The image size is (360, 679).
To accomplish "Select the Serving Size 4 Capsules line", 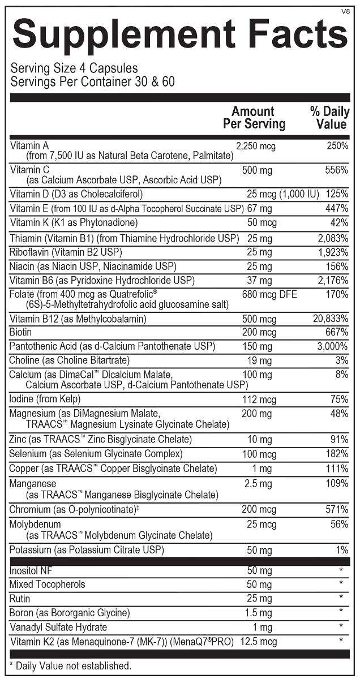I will pos(74,68).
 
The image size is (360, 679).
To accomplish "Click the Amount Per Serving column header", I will pos(254,117).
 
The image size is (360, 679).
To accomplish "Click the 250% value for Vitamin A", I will pos(337,146).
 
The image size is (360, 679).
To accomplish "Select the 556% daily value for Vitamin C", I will pos(337,170).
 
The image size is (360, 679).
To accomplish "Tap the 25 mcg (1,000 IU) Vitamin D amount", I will pos(283,194).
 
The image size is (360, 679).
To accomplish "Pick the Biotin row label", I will pos(20,332).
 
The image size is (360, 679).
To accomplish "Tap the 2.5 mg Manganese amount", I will pos(258,484).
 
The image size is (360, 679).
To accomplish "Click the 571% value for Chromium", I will pos(337,510).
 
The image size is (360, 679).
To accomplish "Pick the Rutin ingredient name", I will pos(20,599).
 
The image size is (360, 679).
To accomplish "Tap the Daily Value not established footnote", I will pos(70,666).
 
